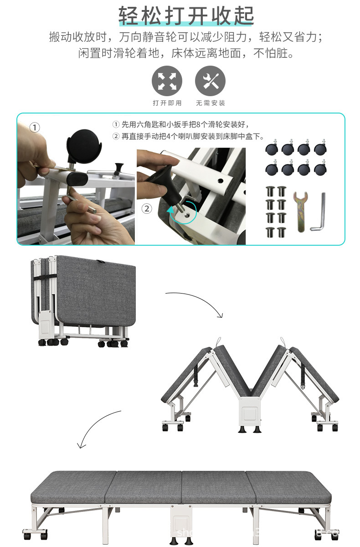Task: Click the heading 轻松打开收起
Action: click(x=186, y=15)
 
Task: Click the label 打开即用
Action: click(x=167, y=103)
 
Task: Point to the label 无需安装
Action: click(x=210, y=103)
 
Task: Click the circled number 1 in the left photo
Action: click(x=35, y=128)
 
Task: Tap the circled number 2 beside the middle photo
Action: click(x=146, y=209)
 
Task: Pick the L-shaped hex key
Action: click(x=319, y=213)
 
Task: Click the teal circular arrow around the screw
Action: click(x=182, y=212)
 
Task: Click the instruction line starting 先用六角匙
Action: click(x=181, y=124)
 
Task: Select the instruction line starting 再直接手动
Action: click(x=188, y=136)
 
